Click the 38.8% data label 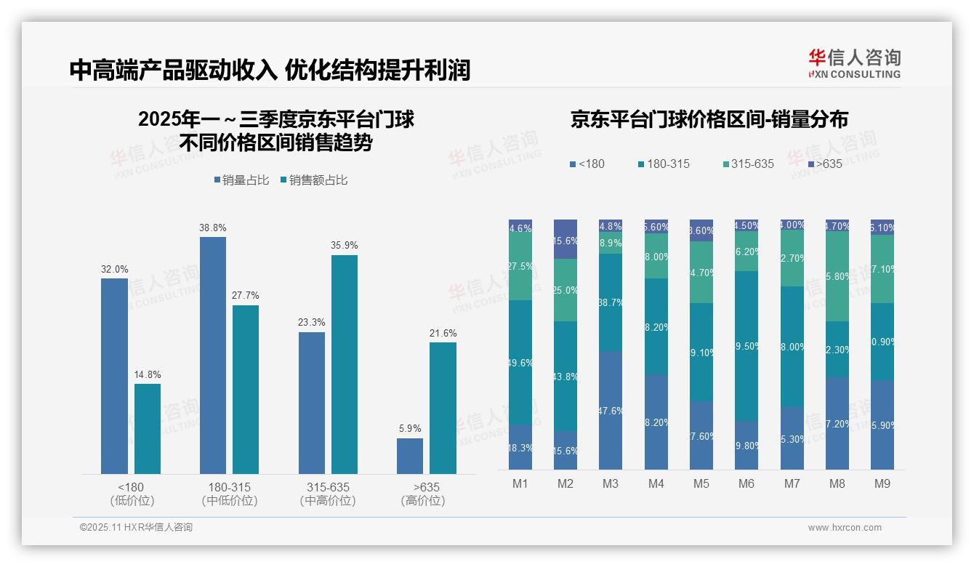coord(212,228)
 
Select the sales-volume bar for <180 coord(114,376)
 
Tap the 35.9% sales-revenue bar coord(345,364)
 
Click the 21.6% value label coord(443,333)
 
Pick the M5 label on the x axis coord(701,483)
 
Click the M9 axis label coord(882,483)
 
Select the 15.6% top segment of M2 coord(566,239)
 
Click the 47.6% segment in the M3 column coord(611,411)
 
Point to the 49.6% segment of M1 coord(520,362)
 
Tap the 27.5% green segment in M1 coord(520,267)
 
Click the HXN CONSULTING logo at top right coord(854,63)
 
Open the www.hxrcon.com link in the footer coord(844,528)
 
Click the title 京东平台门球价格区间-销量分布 coord(709,120)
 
